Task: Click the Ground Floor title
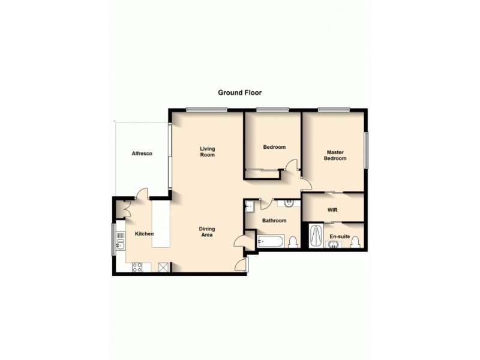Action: click(239, 93)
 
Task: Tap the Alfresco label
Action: click(142, 154)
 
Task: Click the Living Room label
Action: click(208, 151)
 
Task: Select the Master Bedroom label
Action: click(335, 155)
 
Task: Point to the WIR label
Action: click(332, 210)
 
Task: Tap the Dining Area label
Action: click(208, 232)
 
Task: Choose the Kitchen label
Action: click(144, 233)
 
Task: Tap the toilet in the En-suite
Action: click(355, 242)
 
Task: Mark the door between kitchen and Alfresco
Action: click(141, 194)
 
